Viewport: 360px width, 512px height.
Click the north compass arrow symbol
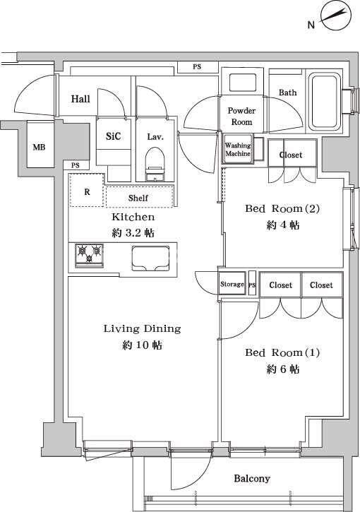click(335, 16)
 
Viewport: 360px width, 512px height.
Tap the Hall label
click(80, 99)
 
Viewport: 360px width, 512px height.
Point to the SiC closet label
click(113, 137)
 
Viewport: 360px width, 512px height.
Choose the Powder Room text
click(241, 117)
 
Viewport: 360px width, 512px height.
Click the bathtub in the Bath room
click(325, 101)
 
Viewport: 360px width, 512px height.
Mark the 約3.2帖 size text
click(134, 232)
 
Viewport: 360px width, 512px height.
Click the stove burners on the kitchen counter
click(89, 255)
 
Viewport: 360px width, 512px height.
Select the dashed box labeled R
click(87, 191)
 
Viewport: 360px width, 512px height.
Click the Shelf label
click(138, 198)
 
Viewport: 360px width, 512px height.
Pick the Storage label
click(232, 285)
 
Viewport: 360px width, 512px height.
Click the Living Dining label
click(142, 328)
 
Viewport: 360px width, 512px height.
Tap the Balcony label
click(251, 479)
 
